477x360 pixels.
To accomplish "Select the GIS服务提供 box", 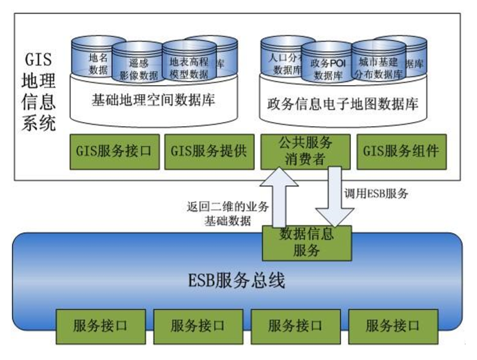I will click(208, 151).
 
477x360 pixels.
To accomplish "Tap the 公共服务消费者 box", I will click(305, 151).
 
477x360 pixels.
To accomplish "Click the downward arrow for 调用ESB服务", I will click(331, 196).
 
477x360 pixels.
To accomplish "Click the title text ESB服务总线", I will click(237, 280).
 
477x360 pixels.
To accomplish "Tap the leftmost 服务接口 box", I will click(101, 325).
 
